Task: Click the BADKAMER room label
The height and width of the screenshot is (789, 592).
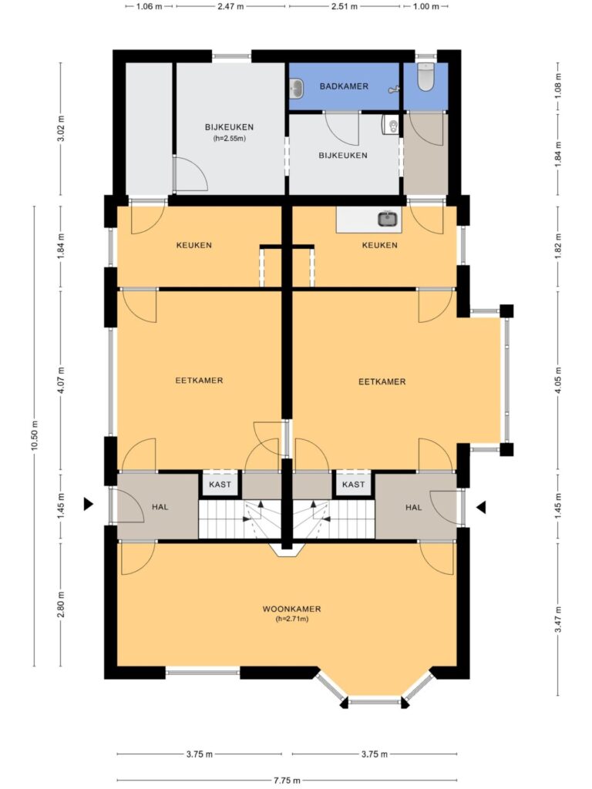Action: coord(344,86)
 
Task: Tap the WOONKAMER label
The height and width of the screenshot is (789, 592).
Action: coord(291,609)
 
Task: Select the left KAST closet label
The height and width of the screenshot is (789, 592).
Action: coord(220,485)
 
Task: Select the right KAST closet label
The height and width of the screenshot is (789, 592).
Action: coord(353,485)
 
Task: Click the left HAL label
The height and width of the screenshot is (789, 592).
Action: coord(160,507)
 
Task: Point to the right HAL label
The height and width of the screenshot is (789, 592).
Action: coord(414,507)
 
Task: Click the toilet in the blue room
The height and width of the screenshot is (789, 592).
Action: coord(425,77)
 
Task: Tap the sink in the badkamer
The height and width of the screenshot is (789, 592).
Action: coord(297,89)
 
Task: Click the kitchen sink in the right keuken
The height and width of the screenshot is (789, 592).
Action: coord(388,219)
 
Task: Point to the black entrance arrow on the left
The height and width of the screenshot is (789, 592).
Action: coord(88,504)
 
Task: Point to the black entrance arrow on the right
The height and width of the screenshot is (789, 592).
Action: coord(481,507)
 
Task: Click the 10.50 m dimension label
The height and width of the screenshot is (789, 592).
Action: coord(34,436)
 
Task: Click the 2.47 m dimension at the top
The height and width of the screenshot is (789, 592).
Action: coord(230,6)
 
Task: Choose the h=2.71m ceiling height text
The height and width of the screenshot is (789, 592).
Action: coord(292,619)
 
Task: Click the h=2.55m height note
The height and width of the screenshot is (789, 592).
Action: coord(229,139)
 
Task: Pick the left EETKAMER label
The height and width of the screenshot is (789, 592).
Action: coord(199,381)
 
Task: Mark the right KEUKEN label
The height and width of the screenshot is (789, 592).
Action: coord(379,245)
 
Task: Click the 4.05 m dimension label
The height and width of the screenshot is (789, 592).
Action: coord(558,381)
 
